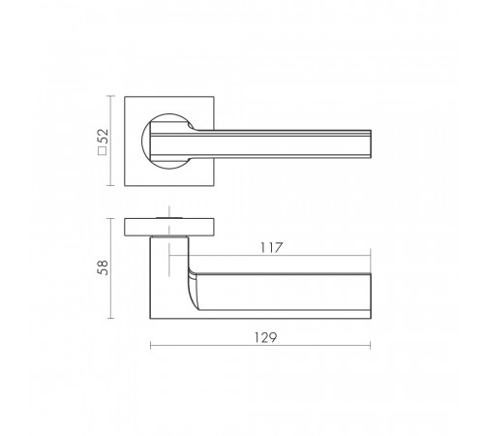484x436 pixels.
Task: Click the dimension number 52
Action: point(104,137)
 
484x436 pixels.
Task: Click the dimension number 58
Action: point(103,267)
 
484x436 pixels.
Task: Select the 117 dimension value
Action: point(271,248)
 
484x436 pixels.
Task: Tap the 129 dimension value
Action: point(265,337)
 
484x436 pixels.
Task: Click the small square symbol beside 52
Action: point(103,151)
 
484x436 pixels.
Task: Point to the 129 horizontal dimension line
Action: point(260,346)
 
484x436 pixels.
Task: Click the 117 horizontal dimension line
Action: point(270,256)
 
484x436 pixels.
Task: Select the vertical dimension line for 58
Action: point(110,268)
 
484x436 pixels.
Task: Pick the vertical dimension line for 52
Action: point(110,140)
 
